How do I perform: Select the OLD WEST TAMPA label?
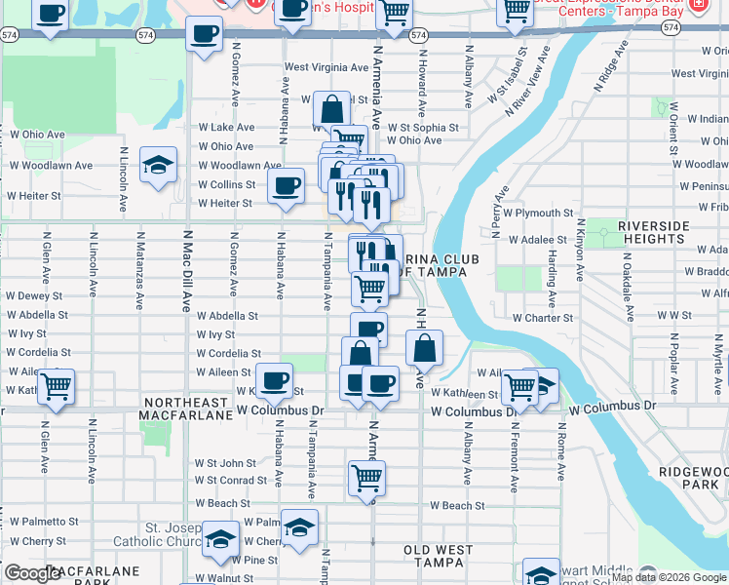point(439,557)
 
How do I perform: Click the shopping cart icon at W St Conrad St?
point(367,479)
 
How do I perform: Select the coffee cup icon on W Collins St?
point(286,185)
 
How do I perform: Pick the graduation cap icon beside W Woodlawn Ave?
point(157,165)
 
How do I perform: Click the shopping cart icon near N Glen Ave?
point(57,388)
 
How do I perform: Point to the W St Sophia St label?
point(422,127)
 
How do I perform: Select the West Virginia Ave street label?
point(326,67)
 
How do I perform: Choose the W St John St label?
point(225,463)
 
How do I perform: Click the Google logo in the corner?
point(32,573)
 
